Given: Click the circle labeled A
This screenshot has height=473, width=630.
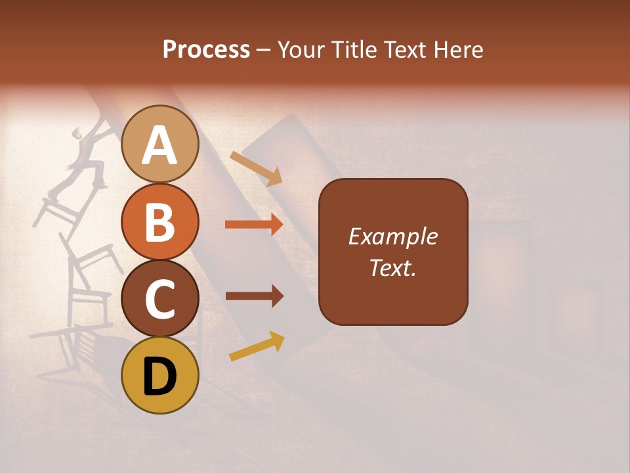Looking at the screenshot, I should point(159,144).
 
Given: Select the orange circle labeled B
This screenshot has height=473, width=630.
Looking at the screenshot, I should point(159,221).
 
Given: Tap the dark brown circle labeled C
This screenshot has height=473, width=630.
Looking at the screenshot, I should point(159,298).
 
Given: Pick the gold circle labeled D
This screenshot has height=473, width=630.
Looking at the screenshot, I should point(159,375).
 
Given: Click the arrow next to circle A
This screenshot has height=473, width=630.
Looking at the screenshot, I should point(256,168).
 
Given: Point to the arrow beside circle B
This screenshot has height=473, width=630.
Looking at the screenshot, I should point(254,225).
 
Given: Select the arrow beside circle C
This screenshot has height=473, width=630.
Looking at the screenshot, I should point(254,296).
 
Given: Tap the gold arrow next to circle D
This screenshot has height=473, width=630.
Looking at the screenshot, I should point(257,346).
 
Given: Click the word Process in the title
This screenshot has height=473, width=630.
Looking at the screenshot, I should point(206,49).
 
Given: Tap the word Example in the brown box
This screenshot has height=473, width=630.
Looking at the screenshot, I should point(393,236).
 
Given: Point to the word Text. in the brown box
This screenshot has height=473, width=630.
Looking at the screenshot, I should point(393,267).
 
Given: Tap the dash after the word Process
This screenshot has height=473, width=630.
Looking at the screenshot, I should point(264,50).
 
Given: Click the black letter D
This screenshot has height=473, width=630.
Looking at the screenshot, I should point(159,377).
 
